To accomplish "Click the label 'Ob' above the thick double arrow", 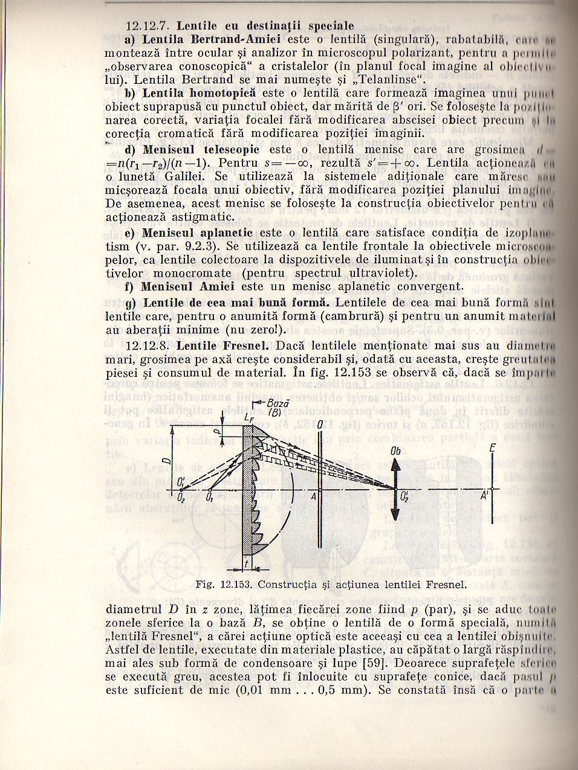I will tap(396, 451).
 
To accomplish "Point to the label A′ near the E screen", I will tap(485, 496).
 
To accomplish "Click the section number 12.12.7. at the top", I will tap(149, 27).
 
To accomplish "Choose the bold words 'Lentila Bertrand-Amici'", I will tap(212, 40).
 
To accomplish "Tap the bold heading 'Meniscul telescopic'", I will tap(201, 149).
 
